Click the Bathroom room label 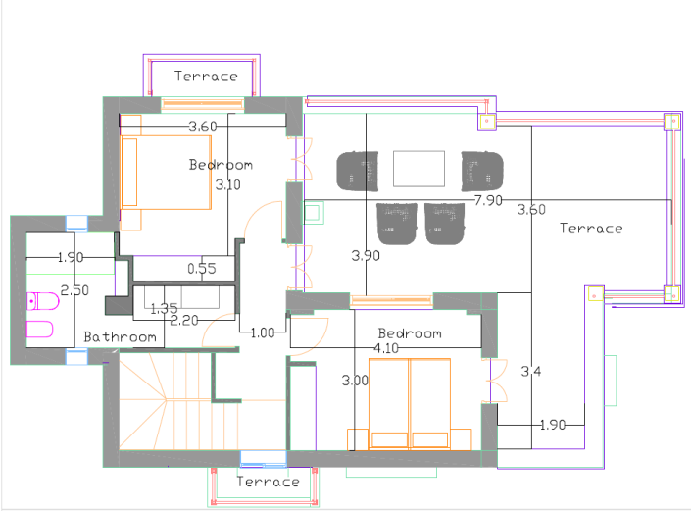coord(120,337)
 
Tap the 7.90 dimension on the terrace coord(488,201)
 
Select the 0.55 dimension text coord(202,269)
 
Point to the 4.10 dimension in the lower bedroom coord(386,348)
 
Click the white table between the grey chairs coord(419,169)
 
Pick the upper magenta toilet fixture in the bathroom coord(43,301)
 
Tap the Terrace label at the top coord(206,77)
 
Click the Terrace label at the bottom coord(268,482)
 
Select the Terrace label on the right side coord(591,229)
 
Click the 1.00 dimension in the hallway coord(263,332)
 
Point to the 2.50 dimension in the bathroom coord(74,290)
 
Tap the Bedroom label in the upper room coord(221,165)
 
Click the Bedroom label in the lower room coord(410,333)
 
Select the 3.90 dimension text coord(366,256)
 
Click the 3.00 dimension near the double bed coord(355,380)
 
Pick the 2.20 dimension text coord(184,321)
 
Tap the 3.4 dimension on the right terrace coord(531,372)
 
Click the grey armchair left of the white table coord(358,172)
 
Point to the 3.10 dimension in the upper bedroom coord(227,184)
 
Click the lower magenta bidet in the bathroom coord(39,330)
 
